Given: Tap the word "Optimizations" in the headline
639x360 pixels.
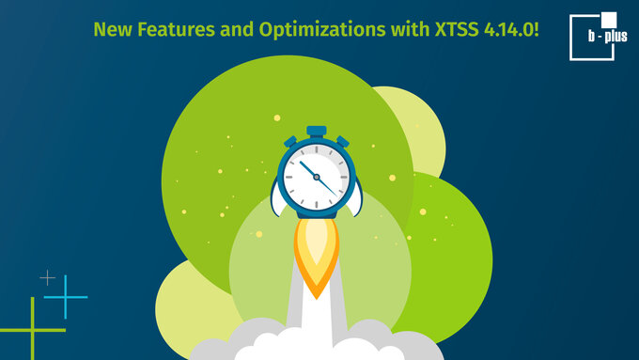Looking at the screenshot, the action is (322, 30).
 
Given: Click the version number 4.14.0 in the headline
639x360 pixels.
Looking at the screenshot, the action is (508, 30).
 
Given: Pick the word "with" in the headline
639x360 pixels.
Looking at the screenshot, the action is (410, 29).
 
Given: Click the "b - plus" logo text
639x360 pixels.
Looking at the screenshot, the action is (607, 37).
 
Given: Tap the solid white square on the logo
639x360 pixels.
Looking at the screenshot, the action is (609, 20).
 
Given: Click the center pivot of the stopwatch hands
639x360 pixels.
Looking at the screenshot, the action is (317, 177).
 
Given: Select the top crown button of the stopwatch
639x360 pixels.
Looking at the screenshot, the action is (317, 132).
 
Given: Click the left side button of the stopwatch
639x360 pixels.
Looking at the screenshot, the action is (290, 142).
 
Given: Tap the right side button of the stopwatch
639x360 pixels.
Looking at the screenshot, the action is (343, 142).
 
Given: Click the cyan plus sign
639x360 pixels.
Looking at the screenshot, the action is (65, 297).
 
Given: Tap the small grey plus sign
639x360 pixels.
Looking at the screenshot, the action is (48, 277).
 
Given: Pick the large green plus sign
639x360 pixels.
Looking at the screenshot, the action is (33, 330).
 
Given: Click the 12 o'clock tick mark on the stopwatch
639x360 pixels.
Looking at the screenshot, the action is (317, 150).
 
